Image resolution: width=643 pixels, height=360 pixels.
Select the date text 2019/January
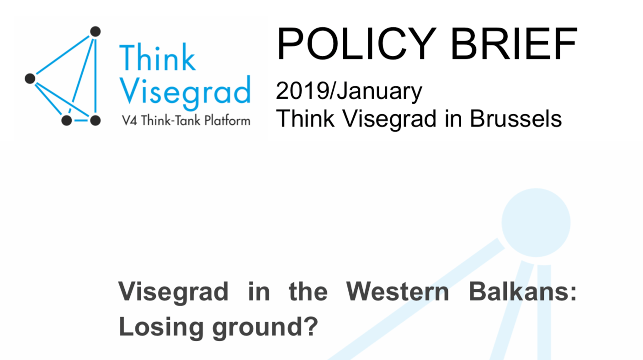[349, 91]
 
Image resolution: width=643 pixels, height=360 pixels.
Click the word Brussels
[515, 119]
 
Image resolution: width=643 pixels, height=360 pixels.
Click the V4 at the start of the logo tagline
[129, 121]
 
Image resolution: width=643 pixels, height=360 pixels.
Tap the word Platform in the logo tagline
[227, 121]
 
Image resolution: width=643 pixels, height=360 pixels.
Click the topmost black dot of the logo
[95, 32]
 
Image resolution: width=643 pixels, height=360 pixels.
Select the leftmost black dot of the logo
[30, 79]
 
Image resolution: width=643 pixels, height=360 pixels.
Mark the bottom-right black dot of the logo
[95, 121]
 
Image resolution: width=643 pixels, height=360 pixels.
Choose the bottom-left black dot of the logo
[67, 121]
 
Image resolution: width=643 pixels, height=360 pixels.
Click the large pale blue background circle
[536, 222]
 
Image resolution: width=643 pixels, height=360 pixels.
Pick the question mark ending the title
[310, 327]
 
